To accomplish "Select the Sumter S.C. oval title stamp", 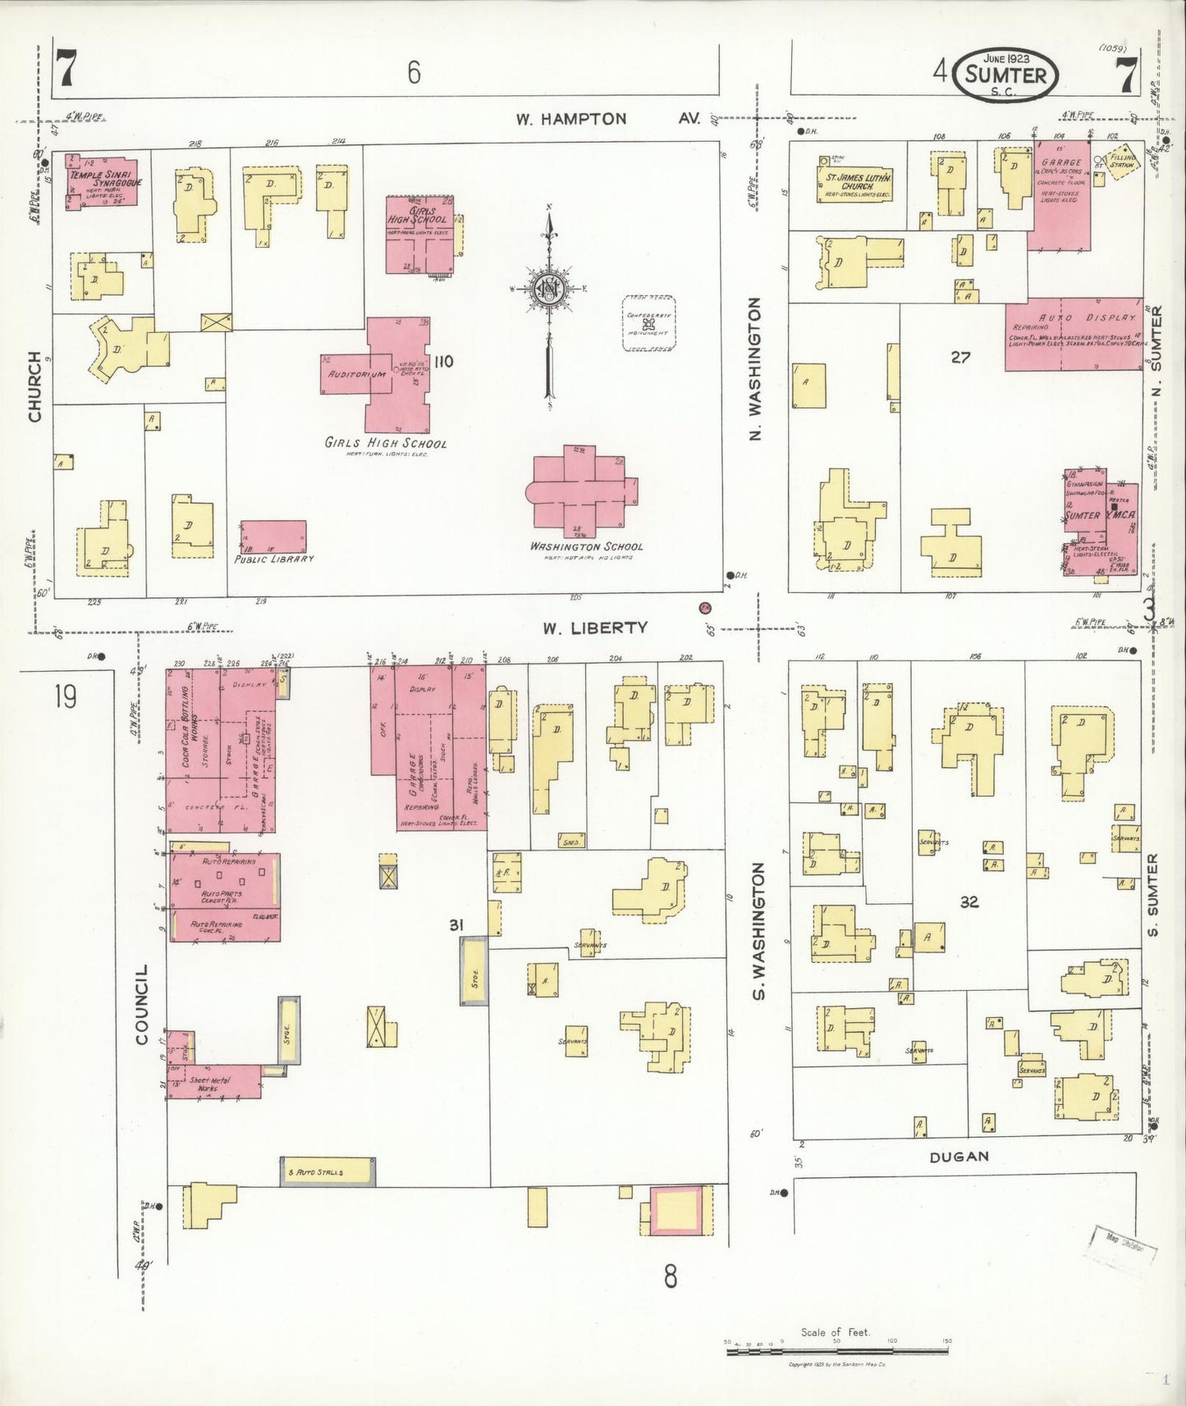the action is pos(1006,75).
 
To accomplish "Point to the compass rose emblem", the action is pos(548,289).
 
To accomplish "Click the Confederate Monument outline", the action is pos(649,324).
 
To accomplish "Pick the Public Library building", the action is pos(273,536).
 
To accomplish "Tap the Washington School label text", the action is pos(586,546).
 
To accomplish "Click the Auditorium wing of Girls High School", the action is pos(346,374).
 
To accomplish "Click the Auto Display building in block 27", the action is pos(1074,334).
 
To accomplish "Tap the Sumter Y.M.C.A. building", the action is pos(1101,522).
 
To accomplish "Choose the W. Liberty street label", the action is pos(594,628).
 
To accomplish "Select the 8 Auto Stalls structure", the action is pos(327,1171).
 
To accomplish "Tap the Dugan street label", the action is pos(959,1157).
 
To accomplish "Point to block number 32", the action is pos(969,902).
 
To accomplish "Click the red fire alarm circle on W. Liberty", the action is pos(704,608).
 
